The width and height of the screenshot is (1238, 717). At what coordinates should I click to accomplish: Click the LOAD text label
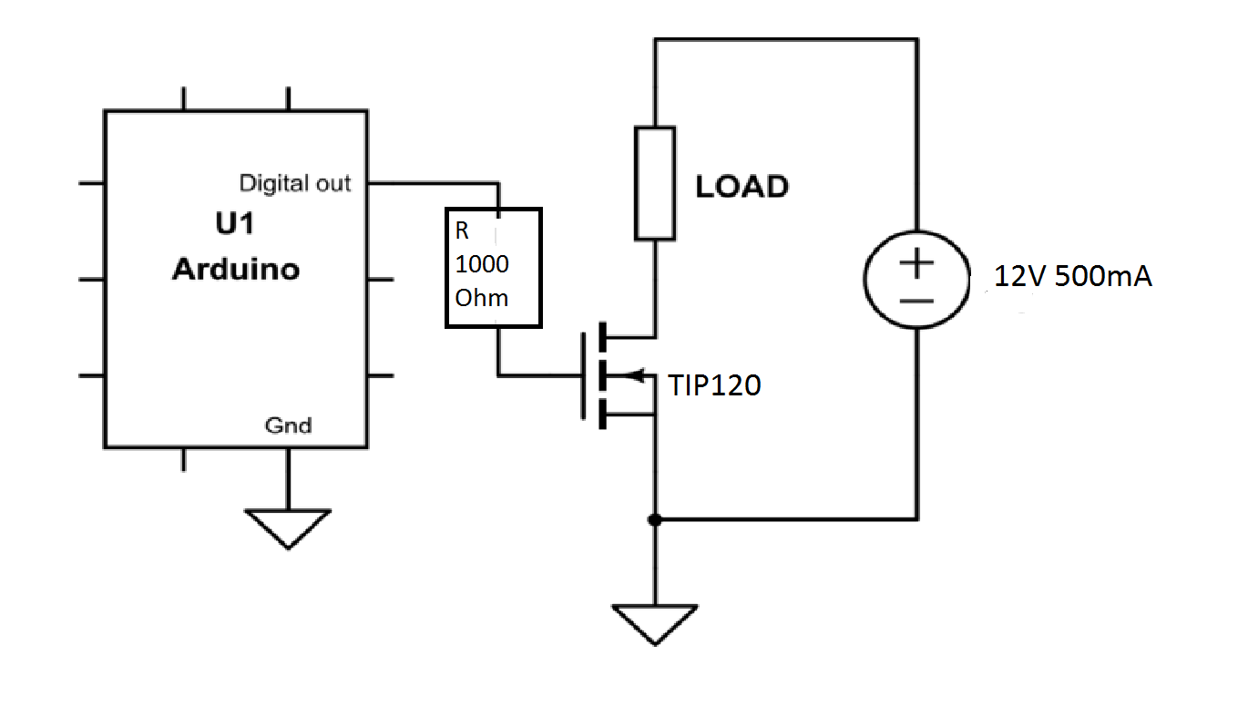[742, 187]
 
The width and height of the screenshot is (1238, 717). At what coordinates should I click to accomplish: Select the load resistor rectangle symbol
[655, 184]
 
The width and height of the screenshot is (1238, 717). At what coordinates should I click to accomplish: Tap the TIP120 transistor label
[715, 386]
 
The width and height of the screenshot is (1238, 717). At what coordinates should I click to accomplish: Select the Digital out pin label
[294, 183]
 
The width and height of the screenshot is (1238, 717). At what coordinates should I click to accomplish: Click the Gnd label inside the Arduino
[288, 425]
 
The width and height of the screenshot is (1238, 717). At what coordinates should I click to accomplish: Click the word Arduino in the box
[236, 270]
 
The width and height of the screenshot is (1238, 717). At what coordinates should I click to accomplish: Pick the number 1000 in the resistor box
[482, 265]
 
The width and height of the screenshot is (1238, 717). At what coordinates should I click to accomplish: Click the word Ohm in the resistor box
[481, 298]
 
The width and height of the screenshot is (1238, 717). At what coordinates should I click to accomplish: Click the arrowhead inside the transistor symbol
[637, 374]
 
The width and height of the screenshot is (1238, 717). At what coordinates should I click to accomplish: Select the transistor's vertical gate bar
[582, 374]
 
